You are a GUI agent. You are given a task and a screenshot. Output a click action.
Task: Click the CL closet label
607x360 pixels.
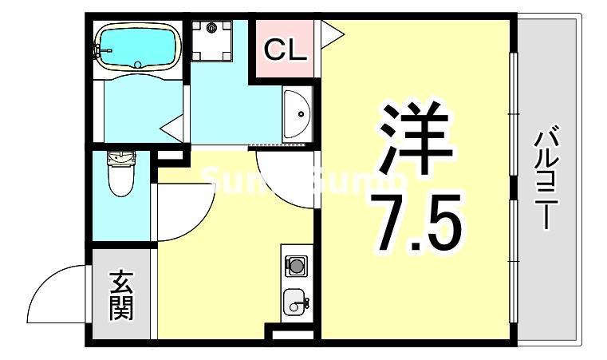pyautogui.click(x=285, y=50)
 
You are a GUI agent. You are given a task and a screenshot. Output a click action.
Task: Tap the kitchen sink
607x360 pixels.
pyautogui.click(x=295, y=303)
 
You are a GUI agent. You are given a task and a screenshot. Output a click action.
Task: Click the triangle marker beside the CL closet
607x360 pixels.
pyautogui.click(x=330, y=34)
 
